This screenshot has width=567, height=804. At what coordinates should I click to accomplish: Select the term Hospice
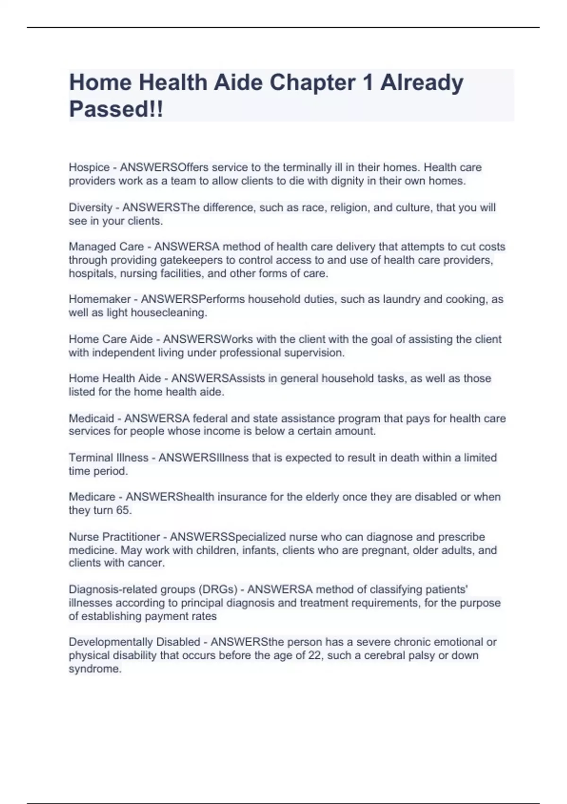pos(89,167)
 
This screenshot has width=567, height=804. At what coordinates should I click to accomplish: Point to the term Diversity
pos(90,208)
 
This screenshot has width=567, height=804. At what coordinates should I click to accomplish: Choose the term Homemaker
pos(100,299)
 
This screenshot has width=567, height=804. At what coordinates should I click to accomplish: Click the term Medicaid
pos(91,419)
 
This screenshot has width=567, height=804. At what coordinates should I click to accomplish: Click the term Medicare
pos(92,497)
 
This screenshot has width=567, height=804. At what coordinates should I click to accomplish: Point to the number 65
pos(123,510)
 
